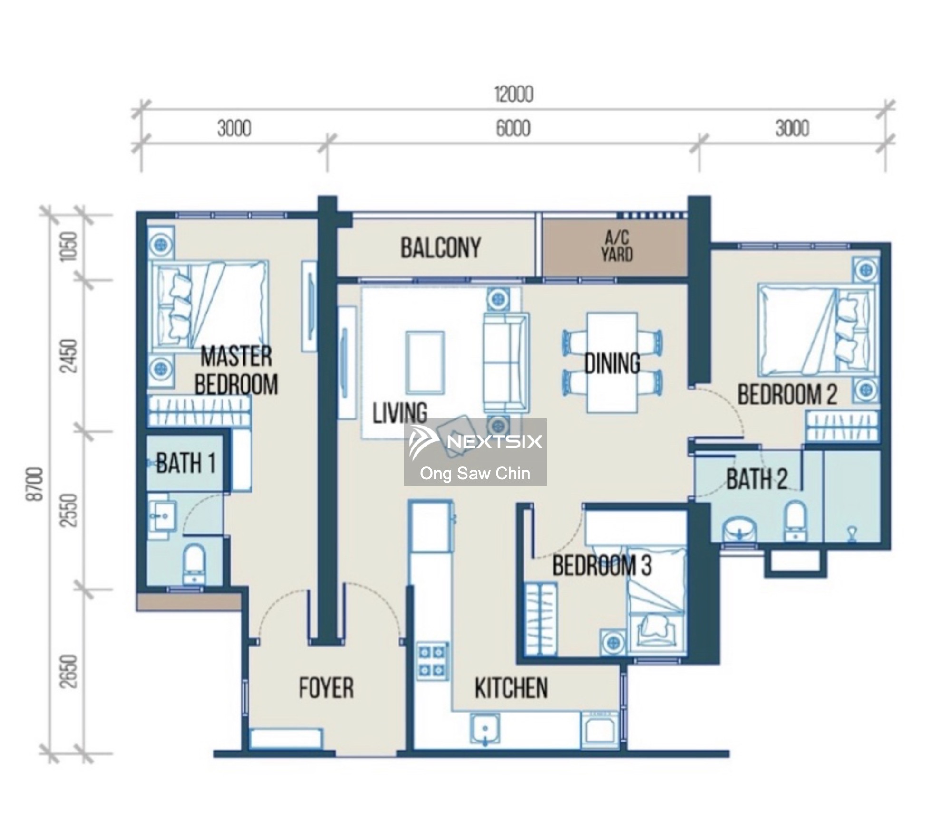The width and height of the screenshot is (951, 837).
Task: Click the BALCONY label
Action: click(x=440, y=248)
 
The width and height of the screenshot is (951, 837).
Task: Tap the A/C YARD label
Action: click(x=617, y=247)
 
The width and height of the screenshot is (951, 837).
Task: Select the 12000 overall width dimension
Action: click(x=514, y=95)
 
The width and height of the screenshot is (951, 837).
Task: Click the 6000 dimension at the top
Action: click(x=513, y=129)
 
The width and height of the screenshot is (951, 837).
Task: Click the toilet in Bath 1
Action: click(x=194, y=563)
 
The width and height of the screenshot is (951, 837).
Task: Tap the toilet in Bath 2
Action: click(x=795, y=522)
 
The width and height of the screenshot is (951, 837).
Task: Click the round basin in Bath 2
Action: click(x=739, y=529)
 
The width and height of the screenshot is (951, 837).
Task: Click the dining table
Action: click(x=612, y=362)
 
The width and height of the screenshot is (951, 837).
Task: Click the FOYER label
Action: click(x=326, y=688)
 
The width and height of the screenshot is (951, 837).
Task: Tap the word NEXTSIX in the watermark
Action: click(x=495, y=442)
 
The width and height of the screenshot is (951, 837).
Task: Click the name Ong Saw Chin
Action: click(x=475, y=473)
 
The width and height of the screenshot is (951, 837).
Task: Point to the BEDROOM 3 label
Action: click(x=602, y=566)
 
